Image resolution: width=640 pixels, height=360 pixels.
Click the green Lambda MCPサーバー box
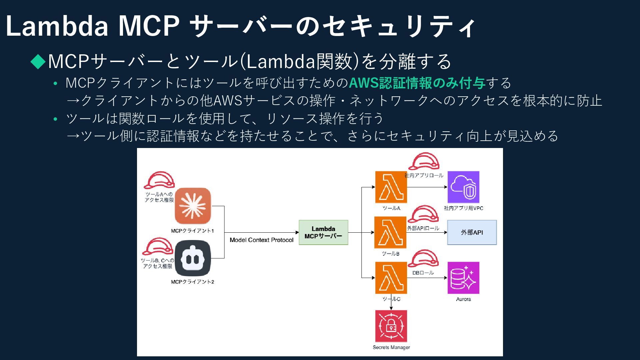tap(323, 232)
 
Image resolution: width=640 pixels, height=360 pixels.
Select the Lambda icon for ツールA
tap(391, 187)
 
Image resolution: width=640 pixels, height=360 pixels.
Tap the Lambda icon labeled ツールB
tap(390, 232)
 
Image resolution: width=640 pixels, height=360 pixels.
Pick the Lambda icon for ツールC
tap(391, 278)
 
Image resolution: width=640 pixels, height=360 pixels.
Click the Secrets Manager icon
tap(391, 326)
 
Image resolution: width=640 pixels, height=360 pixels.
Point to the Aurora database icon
tap(463, 278)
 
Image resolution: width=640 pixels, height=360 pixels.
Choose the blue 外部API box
tap(472, 232)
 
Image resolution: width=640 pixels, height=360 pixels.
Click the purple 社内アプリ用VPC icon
tap(463, 187)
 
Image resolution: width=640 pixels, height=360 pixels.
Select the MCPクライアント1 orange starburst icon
tap(193, 206)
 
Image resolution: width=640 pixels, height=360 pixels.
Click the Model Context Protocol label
tap(261, 240)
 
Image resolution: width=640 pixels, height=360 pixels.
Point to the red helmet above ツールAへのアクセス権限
tap(159, 180)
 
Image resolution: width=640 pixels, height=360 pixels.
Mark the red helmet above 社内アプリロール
tap(424, 161)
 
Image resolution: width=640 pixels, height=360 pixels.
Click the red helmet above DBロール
tap(423, 258)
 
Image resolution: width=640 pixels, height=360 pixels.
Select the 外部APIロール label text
tap(423, 228)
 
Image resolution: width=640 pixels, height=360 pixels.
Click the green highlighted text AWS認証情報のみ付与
tap(417, 83)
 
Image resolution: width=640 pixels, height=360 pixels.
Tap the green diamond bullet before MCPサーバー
tap(38, 61)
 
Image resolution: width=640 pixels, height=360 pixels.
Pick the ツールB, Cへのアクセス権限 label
tap(157, 263)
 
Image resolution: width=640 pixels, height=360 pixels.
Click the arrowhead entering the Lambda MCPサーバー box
tap(297, 232)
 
